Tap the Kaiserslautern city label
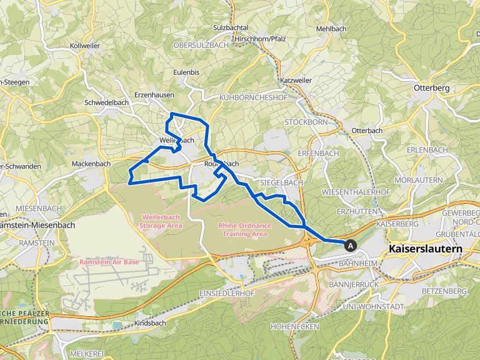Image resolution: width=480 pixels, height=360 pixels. tap(425, 249)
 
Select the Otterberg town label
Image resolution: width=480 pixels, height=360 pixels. tap(431, 89)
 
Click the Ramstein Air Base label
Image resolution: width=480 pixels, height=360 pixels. tap(109, 262)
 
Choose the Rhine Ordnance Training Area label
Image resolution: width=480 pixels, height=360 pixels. tap(242, 229)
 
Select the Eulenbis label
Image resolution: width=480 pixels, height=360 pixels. tap(186, 72)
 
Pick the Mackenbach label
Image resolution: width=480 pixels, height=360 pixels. tap(91, 164)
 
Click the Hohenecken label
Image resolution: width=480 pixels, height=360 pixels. tap(295, 326)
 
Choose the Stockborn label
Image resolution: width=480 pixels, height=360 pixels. tap(306, 122)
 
